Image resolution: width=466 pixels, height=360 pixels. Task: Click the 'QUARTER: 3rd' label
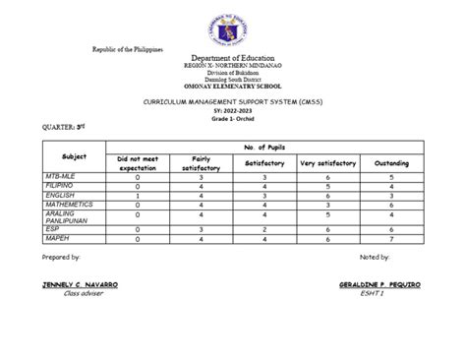pos(58,128)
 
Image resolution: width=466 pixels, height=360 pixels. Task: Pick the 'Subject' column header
pos(74,156)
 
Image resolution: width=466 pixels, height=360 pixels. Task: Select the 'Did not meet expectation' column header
pos(137,163)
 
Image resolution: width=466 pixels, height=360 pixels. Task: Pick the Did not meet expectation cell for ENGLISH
pos(137,195)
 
